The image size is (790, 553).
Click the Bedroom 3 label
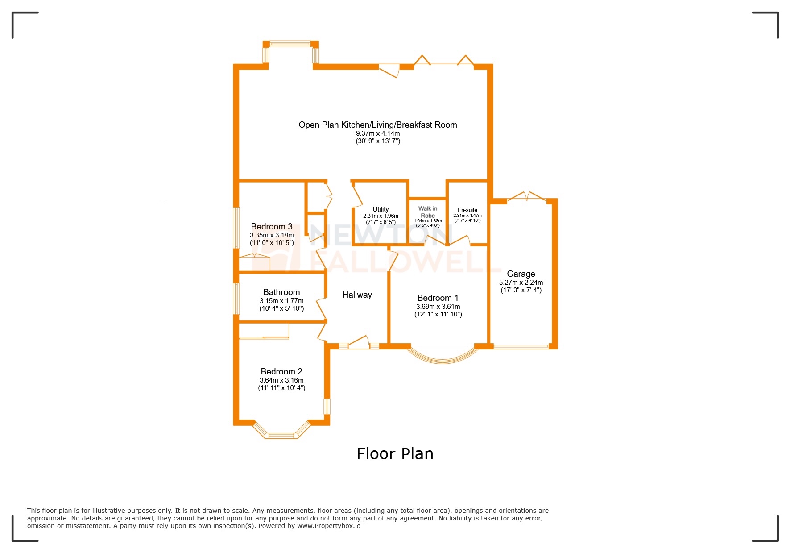click(271, 226)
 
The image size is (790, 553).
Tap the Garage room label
click(521, 274)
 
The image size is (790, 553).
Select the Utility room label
click(381, 209)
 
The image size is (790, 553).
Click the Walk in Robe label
click(428, 212)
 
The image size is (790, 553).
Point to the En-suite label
click(467, 210)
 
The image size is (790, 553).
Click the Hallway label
click(357, 295)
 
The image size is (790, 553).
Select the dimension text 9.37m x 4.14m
click(378, 133)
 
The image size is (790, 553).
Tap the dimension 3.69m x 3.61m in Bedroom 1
click(438, 307)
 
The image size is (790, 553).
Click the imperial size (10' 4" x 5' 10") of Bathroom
click(281, 308)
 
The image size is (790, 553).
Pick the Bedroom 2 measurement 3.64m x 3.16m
click(281, 380)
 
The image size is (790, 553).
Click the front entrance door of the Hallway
click(359, 343)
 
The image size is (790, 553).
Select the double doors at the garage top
click(526, 196)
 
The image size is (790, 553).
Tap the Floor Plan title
click(395, 454)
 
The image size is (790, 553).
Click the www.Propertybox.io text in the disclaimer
click(328, 526)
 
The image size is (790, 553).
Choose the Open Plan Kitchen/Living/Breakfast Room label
click(378, 125)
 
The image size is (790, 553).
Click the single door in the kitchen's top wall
click(389, 70)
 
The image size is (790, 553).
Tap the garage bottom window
click(521, 347)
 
